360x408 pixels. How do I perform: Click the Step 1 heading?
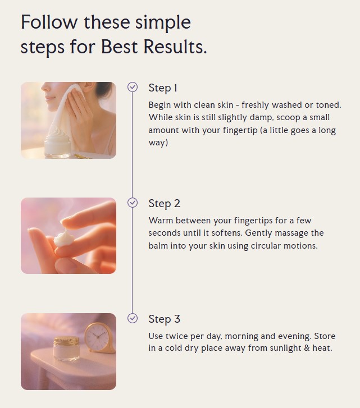click(x=163, y=88)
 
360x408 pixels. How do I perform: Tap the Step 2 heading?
click(x=164, y=204)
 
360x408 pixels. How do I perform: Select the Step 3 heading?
click(x=164, y=319)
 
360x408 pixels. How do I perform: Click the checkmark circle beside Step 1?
click(x=133, y=87)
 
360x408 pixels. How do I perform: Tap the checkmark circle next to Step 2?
click(x=133, y=203)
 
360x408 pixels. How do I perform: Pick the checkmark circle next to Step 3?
click(x=133, y=318)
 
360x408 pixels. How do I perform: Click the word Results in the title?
click(x=175, y=47)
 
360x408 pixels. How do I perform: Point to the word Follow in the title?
click(x=49, y=22)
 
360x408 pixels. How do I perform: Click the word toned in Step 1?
click(x=329, y=105)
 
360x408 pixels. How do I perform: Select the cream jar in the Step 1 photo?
click(x=58, y=143)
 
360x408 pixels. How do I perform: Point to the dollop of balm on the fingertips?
click(x=64, y=238)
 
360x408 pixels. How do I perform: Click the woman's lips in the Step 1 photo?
click(x=50, y=98)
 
